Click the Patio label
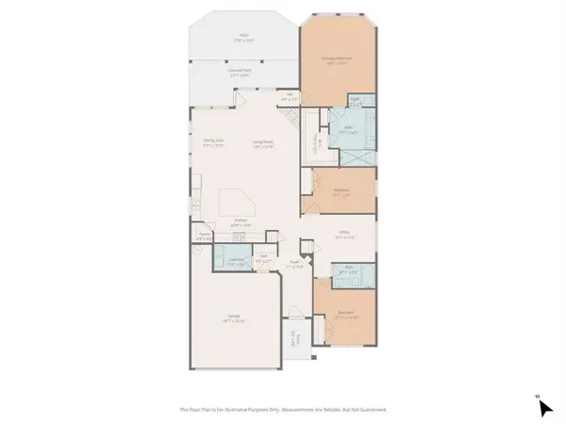218,38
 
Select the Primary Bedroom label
338,59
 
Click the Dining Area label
212,144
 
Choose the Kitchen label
241,224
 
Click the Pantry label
204,237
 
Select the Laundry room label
237,262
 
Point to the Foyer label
294,266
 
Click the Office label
344,237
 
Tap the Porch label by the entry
294,340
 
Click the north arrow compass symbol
543,406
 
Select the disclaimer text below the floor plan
283,409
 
